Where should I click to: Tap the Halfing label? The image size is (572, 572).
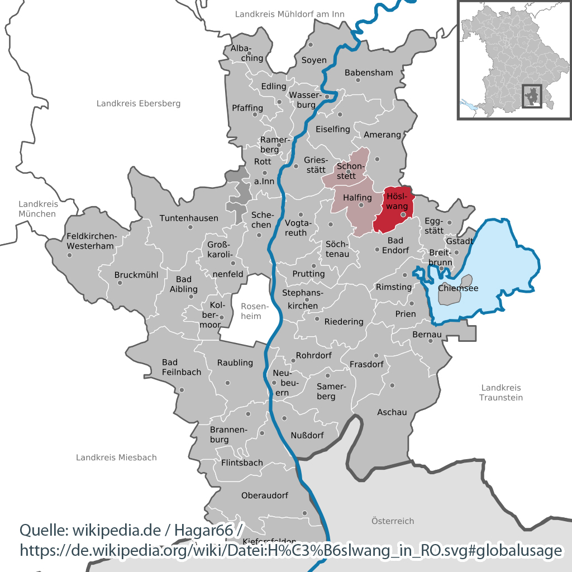tap(357, 198)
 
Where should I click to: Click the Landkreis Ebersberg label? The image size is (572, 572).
tap(139, 103)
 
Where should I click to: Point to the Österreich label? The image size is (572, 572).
tap(393, 521)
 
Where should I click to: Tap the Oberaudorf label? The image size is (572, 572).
tap(265, 495)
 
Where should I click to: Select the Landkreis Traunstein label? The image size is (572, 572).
tap(501, 392)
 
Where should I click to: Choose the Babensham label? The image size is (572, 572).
tap(369, 73)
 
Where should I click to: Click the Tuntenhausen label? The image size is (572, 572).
tap(189, 218)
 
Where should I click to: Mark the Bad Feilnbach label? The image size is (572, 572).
tap(181, 367)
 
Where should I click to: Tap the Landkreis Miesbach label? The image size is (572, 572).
tap(116, 457)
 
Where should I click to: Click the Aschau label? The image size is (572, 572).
tap(392, 412)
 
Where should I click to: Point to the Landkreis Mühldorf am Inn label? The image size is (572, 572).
tap(289, 14)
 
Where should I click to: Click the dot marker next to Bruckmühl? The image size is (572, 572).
tap(120, 283)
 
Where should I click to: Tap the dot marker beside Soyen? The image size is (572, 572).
tap(311, 45)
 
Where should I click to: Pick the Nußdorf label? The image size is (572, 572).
tap(307, 435)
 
